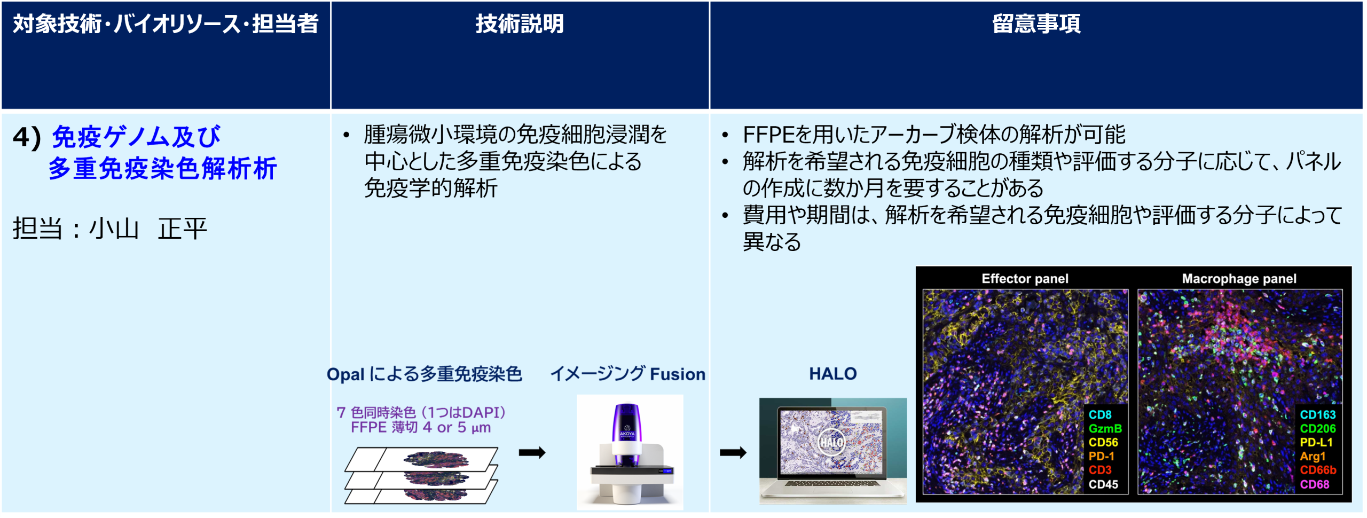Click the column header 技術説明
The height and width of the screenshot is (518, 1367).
click(520, 24)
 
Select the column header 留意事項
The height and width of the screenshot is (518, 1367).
click(1036, 24)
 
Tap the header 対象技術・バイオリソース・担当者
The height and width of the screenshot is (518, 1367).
click(166, 24)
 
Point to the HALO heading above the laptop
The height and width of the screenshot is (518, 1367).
click(832, 374)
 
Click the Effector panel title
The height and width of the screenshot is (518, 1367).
click(1025, 279)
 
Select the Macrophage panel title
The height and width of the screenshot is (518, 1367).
click(1239, 279)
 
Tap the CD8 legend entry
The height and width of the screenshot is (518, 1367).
click(1100, 414)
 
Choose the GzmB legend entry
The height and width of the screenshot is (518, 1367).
click(1105, 428)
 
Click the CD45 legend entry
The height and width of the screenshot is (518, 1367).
click(1103, 484)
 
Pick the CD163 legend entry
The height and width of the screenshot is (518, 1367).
click(1317, 414)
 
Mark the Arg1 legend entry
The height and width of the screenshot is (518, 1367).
click(1313, 456)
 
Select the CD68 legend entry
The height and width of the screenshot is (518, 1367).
click(1314, 484)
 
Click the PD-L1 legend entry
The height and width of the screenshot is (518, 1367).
click(1316, 442)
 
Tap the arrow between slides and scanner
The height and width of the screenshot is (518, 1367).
click(532, 453)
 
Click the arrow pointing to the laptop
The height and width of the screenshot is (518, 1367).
click(733, 453)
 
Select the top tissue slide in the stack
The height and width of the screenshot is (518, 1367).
click(422, 459)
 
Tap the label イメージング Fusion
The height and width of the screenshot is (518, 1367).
click(627, 374)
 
